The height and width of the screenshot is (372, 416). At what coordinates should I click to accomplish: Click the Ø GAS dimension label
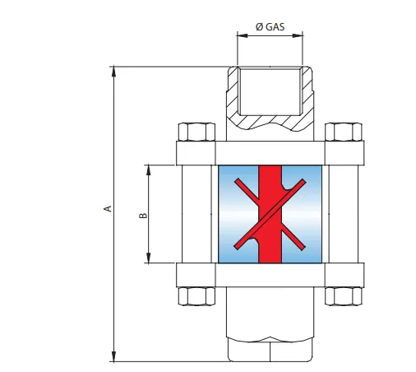tap(270, 26)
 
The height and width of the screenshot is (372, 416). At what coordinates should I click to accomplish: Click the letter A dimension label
tap(108, 208)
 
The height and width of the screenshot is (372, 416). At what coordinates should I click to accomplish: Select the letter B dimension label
tap(143, 216)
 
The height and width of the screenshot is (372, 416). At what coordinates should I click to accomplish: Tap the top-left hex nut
tap(196, 132)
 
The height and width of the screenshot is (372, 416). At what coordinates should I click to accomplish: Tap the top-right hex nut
tap(344, 132)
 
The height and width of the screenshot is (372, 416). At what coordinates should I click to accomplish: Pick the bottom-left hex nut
tap(196, 296)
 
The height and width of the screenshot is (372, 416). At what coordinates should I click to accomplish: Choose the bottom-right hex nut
tap(344, 296)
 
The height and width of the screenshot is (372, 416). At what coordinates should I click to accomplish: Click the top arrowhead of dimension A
tap(114, 72)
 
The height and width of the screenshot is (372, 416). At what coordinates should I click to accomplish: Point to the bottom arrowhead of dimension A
tap(114, 356)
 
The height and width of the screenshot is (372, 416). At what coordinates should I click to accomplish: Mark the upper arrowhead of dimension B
tap(149, 170)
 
